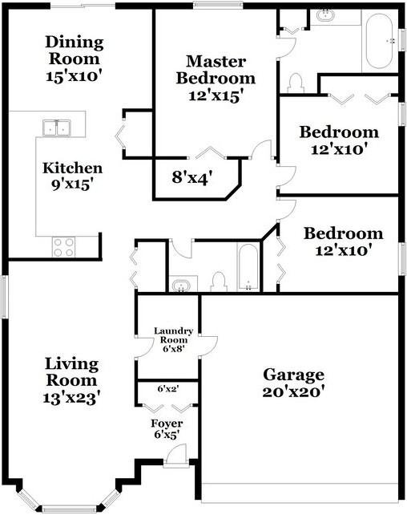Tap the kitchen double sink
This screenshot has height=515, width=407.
(x=57, y=128)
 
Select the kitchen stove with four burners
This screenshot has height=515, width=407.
(x=63, y=247)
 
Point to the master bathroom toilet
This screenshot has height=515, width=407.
(x=296, y=83)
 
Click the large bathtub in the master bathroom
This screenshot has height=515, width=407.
(x=379, y=41)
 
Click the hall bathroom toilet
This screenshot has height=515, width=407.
(x=219, y=282)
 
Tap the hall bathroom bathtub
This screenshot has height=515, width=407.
(x=248, y=267)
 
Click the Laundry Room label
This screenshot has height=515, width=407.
(x=174, y=335)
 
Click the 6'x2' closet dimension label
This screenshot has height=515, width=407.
(x=168, y=389)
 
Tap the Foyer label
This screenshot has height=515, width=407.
(x=167, y=423)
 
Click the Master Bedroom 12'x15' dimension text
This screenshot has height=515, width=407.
(x=216, y=96)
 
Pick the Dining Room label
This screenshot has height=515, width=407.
(x=75, y=51)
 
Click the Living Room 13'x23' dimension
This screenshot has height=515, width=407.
(x=71, y=398)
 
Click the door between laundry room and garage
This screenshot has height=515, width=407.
(x=208, y=347)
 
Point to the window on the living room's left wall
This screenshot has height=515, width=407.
(x=4, y=296)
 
